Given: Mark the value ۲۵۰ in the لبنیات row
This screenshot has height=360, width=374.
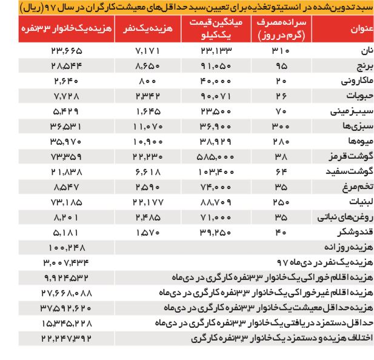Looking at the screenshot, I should (281, 201).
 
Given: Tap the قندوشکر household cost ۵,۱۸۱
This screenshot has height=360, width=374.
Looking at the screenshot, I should (67, 231).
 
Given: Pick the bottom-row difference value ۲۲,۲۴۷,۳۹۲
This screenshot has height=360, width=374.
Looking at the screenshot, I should (67, 337).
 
